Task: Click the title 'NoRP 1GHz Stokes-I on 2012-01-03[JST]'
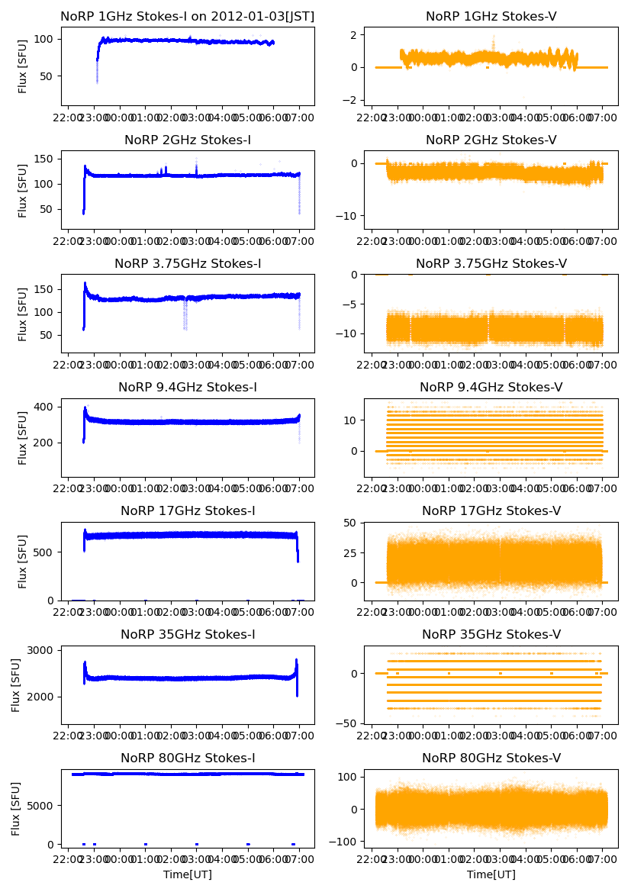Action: coord(188,16)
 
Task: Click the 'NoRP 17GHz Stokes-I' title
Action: coord(188,510)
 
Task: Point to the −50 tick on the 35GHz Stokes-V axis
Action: coord(348,723)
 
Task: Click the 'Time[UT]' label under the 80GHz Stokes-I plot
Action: coord(188,874)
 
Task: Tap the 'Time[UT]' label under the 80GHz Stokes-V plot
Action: coord(491,874)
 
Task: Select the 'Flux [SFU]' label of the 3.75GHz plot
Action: coord(23,314)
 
